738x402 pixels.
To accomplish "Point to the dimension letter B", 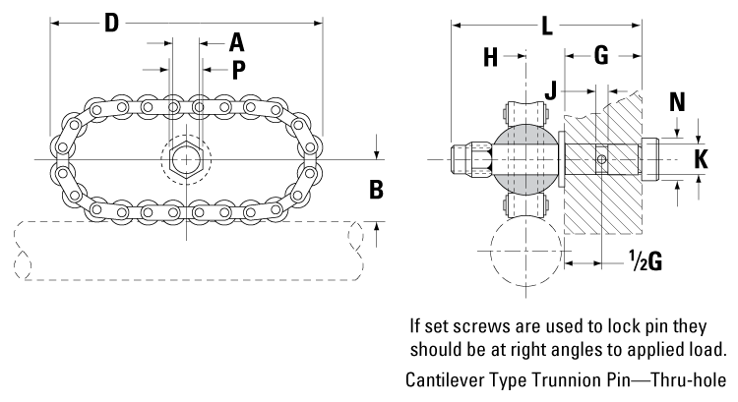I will point(375,188).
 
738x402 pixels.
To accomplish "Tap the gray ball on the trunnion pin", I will point(523,157).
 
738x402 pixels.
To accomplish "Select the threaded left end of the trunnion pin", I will point(468,157).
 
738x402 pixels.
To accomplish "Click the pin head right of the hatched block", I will point(658,157).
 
